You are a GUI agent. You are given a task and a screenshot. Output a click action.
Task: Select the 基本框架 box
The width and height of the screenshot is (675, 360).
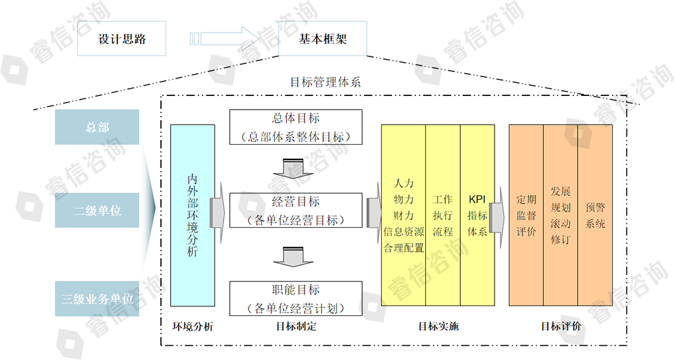point(323,39)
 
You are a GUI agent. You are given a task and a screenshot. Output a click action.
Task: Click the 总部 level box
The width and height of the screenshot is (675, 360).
point(97,127)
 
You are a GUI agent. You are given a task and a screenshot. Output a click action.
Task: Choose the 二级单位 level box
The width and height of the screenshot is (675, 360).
point(97,211)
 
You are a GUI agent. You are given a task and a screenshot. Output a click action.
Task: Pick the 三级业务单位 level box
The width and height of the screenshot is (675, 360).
point(97,299)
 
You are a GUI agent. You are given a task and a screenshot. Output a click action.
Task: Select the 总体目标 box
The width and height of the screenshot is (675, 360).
point(295,127)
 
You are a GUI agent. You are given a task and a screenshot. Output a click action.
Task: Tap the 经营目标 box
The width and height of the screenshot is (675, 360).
point(295,210)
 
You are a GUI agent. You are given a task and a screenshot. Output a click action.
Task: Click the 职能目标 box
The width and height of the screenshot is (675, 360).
point(295,298)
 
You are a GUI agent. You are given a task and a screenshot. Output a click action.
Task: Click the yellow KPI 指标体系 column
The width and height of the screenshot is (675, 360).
point(477,215)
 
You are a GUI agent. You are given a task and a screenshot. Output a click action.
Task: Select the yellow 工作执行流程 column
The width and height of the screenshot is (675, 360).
point(443,215)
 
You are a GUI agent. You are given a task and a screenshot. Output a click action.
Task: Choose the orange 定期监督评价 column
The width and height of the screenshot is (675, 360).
point(526,215)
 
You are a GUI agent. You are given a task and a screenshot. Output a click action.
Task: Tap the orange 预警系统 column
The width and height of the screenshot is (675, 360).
point(595,215)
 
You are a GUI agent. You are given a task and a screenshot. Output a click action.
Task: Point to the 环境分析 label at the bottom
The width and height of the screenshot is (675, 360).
point(193,326)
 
